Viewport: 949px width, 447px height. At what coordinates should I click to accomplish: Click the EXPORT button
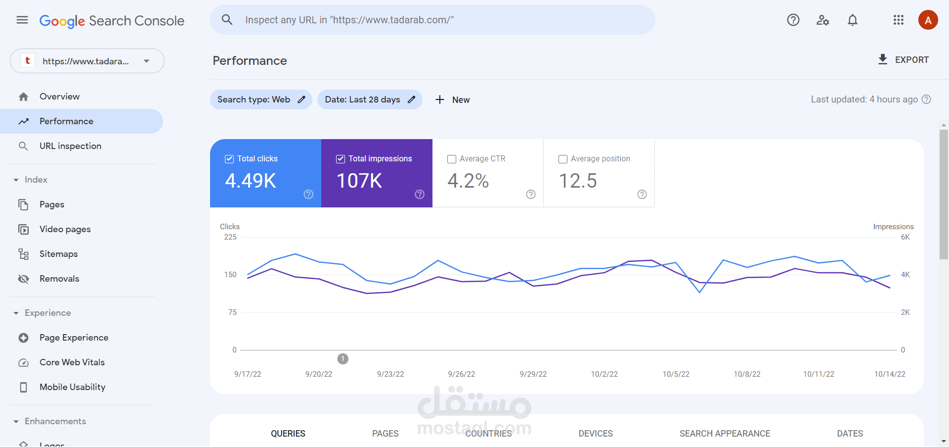point(904,60)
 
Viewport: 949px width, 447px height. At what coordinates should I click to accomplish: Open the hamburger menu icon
point(22,20)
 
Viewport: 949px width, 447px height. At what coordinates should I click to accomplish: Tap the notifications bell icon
point(853,20)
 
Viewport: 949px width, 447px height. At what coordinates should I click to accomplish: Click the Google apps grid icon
point(898,20)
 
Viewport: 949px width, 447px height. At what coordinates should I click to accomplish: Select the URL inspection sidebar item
point(70,146)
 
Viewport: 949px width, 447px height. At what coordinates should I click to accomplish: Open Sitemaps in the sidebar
point(58,254)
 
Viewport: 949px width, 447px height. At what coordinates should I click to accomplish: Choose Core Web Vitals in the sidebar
point(72,362)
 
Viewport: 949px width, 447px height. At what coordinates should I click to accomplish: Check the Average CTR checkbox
point(452,159)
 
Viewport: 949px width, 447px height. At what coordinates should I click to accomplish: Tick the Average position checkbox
point(563,159)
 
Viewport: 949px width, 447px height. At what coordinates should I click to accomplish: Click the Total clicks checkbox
point(229,159)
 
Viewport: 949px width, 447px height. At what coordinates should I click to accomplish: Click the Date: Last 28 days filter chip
point(369,99)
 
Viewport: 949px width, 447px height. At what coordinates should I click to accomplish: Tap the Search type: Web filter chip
point(261,99)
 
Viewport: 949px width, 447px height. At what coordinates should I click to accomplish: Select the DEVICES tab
point(596,434)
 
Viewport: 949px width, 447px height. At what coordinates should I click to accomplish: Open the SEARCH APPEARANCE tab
point(725,434)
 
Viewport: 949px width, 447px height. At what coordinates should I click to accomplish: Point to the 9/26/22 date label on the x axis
point(461,374)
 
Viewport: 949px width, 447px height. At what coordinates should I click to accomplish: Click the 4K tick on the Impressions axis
point(905,275)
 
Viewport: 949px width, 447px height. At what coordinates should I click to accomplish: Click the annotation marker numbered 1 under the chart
point(343,359)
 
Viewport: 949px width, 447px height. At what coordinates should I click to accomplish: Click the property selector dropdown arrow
point(146,61)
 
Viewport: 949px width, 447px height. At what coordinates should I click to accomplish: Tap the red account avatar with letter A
point(928,20)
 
